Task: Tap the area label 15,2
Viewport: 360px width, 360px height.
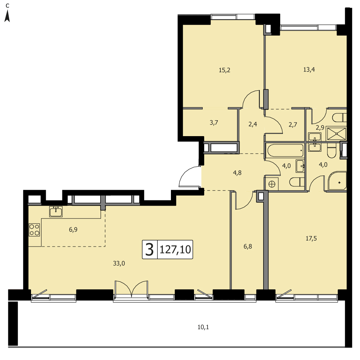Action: click(x=224, y=70)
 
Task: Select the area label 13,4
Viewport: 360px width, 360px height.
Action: click(x=309, y=70)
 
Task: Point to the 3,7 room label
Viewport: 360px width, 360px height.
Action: click(x=214, y=123)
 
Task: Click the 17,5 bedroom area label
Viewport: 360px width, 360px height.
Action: click(x=311, y=239)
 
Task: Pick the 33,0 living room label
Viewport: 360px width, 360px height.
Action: click(x=119, y=264)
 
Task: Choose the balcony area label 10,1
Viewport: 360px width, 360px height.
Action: click(x=203, y=327)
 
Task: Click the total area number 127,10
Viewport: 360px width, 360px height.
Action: click(x=175, y=250)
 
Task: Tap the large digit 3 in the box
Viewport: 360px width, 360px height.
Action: click(x=149, y=250)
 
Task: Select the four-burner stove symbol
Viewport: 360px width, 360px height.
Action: click(x=34, y=230)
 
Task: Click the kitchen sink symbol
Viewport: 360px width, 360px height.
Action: click(x=56, y=211)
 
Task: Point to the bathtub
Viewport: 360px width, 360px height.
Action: click(x=285, y=151)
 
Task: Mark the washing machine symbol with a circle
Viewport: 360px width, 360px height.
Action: click(x=272, y=184)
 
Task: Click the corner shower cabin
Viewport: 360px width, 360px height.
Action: click(x=337, y=181)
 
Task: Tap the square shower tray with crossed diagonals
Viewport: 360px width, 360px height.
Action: click(x=336, y=133)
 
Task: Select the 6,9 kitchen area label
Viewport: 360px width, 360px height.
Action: click(x=73, y=230)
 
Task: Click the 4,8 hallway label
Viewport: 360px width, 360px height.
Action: click(x=237, y=173)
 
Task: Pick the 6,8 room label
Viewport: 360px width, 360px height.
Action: click(x=248, y=247)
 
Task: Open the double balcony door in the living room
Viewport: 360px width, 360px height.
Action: click(x=131, y=289)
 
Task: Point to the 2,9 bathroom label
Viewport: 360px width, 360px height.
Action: click(x=320, y=128)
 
